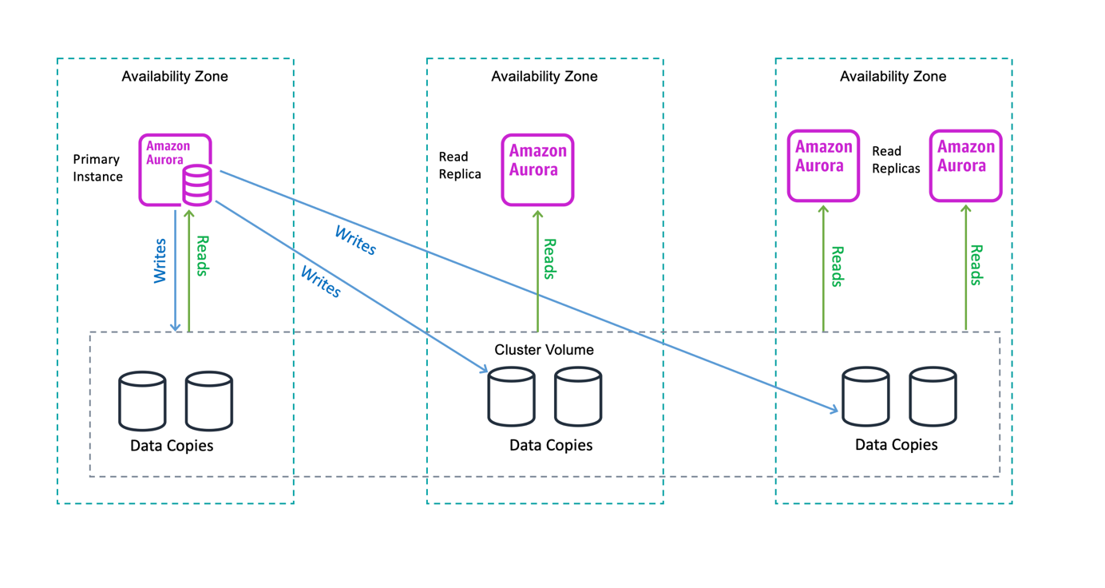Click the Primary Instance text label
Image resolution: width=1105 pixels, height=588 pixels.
pos(97,168)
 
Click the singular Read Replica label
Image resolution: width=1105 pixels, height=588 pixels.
pos(460,165)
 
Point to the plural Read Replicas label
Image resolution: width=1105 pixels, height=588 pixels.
pos(895,160)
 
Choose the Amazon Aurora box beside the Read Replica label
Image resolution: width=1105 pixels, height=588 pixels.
pos(537,169)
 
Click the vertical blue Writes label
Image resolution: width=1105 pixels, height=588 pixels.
pos(160,260)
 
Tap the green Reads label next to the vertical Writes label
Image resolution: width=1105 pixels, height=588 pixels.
pos(202,256)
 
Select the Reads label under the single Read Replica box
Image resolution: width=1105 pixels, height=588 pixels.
pos(549,259)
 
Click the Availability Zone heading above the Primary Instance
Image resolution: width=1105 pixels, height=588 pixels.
pos(175,77)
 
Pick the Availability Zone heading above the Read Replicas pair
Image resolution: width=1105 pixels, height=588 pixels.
pos(893,77)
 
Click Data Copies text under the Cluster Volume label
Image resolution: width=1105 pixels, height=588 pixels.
pos(551,445)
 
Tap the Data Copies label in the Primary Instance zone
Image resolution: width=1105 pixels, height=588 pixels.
pos(172,445)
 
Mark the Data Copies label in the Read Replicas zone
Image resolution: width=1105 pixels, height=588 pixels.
pos(896,444)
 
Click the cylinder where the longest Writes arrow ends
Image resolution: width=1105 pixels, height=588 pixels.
pos(865,396)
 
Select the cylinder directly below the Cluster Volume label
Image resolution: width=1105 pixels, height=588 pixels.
pos(512,396)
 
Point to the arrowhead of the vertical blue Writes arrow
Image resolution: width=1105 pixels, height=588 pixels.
pos(176,327)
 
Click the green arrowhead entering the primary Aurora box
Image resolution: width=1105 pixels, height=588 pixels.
pos(189,212)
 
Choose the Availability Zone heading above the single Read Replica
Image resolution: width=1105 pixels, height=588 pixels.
pos(544,77)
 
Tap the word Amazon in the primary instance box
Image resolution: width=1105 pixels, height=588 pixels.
pos(168,146)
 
